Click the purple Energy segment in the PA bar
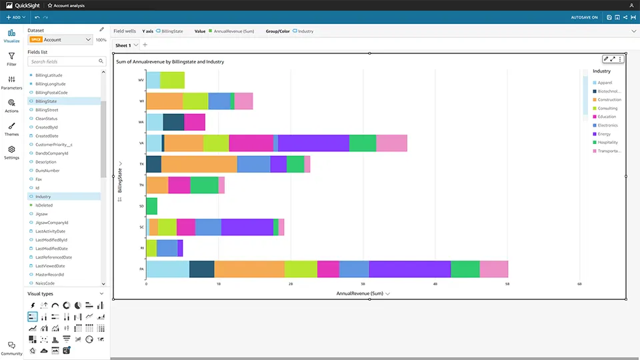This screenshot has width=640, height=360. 409,269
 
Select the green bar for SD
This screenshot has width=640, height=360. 151,206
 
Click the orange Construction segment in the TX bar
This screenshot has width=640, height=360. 199,164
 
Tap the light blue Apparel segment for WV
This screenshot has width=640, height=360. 153,80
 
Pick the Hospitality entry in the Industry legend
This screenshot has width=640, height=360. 607,143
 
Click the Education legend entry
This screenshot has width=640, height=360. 607,117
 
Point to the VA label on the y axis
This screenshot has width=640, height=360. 141,143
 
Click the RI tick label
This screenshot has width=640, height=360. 141,248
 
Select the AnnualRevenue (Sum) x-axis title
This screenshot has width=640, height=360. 359,293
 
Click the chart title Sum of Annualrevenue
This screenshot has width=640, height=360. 170,62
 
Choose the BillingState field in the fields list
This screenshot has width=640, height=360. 46,101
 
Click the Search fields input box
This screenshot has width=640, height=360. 63,61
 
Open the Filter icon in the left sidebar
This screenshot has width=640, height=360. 11,59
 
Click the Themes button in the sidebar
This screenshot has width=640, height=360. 11,128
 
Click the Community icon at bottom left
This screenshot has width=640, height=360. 11,347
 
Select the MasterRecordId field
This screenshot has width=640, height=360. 49,275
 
